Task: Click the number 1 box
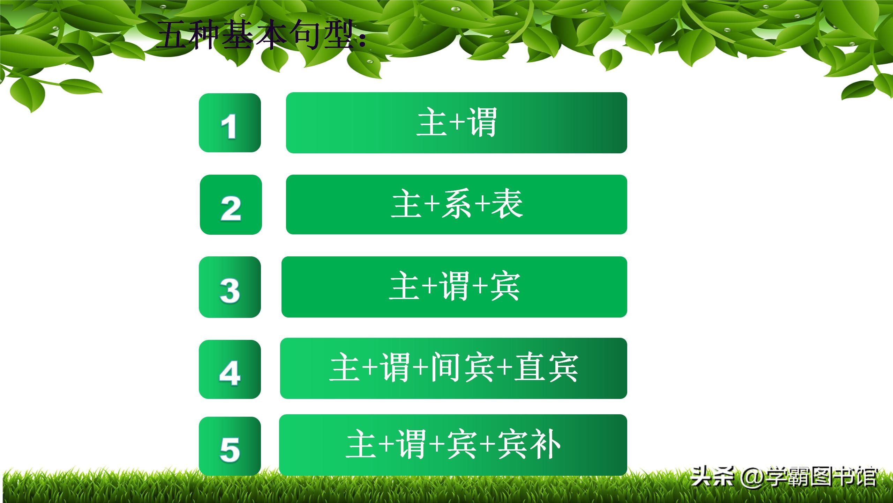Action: click(230, 123)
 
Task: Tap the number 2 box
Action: click(231, 205)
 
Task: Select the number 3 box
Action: click(230, 287)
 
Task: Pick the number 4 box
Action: click(230, 369)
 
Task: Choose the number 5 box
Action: click(230, 446)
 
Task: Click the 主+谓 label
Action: click(456, 122)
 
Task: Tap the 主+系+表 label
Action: click(456, 204)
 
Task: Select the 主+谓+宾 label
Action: click(454, 287)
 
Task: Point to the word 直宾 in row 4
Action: click(546, 367)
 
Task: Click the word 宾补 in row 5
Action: click(528, 444)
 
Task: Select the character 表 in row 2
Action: click(507, 204)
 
